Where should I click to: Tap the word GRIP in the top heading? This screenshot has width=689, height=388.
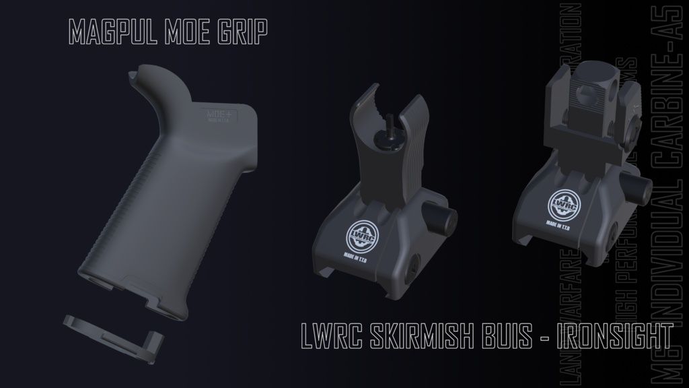241,31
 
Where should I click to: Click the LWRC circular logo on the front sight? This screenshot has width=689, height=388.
361,233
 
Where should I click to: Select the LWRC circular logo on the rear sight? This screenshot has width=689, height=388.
562,203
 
